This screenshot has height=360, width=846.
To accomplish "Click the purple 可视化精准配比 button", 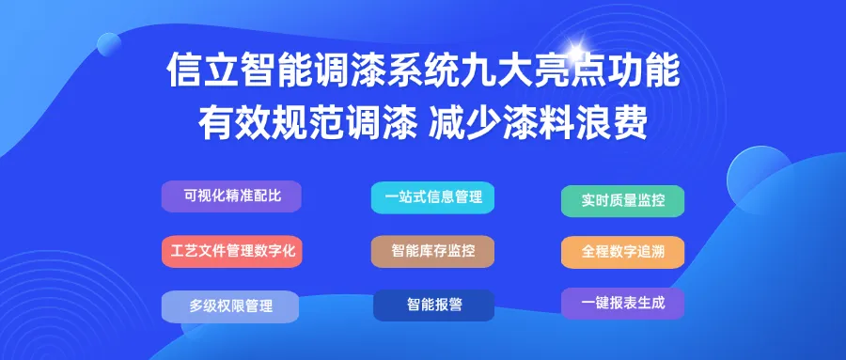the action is pyautogui.click(x=231, y=196).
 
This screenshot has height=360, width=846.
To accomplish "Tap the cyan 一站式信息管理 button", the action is pyautogui.click(x=432, y=197).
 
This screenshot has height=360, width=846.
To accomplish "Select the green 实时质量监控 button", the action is pyautogui.click(x=622, y=201).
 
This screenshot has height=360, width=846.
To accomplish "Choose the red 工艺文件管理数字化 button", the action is pyautogui.click(x=232, y=252).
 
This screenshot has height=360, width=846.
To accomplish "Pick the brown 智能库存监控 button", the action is pyautogui.click(x=432, y=252).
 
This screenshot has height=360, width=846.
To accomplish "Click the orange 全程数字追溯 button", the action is pyautogui.click(x=622, y=252).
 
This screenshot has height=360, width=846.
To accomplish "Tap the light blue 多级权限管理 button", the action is pyautogui.click(x=230, y=306).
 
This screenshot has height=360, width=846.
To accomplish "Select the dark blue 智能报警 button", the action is pyautogui.click(x=433, y=305).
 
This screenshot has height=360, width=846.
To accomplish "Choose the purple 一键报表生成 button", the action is pyautogui.click(x=622, y=304).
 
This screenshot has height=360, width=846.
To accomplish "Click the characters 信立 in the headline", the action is pyautogui.click(x=202, y=70).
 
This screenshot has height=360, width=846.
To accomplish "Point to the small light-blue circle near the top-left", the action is pyautogui.click(x=109, y=44).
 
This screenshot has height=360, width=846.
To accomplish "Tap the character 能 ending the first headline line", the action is pyautogui.click(x=662, y=70).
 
